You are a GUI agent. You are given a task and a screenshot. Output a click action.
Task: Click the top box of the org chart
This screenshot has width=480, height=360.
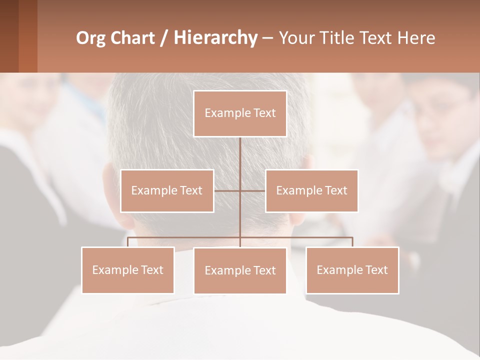(240, 113)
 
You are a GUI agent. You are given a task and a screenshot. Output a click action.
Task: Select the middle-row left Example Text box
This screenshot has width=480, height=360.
(167, 190)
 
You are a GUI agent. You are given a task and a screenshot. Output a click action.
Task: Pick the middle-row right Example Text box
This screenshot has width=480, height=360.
(311, 190)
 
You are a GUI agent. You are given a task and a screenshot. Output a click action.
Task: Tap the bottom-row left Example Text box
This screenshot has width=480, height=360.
(127, 270)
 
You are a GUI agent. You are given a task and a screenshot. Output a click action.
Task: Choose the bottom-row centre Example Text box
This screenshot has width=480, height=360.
(240, 270)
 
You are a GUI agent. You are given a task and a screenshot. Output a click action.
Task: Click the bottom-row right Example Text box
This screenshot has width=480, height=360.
(352, 270)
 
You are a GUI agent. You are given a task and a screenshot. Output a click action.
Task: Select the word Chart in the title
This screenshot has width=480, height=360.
(134, 38)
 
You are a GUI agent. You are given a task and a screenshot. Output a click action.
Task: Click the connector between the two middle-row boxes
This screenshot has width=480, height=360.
(239, 190)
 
